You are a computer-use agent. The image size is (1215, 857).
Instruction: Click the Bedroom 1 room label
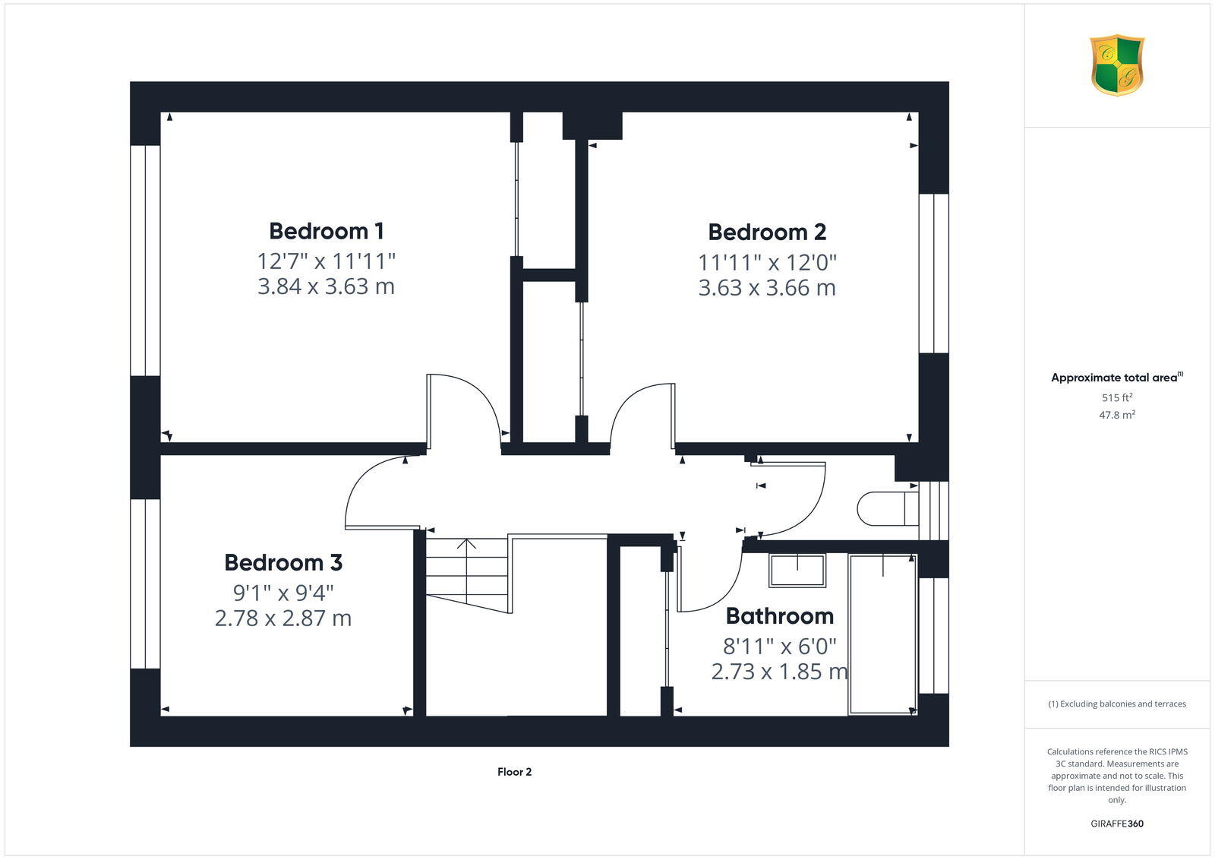click(x=326, y=230)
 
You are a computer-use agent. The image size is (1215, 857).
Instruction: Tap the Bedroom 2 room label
click(x=767, y=232)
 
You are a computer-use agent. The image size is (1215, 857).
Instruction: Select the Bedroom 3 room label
click(x=282, y=562)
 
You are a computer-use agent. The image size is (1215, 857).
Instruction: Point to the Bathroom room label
click(x=779, y=615)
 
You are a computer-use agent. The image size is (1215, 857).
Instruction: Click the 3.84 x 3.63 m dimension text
click(x=326, y=286)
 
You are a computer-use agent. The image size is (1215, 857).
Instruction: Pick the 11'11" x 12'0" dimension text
click(x=767, y=263)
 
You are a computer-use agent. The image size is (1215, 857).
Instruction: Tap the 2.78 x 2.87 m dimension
click(x=282, y=618)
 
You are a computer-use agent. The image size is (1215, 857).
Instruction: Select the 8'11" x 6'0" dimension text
click(x=779, y=646)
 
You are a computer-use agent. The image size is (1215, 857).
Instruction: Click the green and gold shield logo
click(x=1116, y=65)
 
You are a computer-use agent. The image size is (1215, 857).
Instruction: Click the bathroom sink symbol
click(x=797, y=570)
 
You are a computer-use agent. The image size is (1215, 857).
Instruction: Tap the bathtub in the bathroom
click(x=882, y=634)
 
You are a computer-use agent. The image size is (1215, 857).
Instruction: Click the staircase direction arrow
click(x=466, y=544)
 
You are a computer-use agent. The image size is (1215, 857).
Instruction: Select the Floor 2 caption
click(x=514, y=772)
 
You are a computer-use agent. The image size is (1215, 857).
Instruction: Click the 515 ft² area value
click(x=1117, y=397)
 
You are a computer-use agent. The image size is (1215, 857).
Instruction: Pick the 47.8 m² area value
click(x=1117, y=415)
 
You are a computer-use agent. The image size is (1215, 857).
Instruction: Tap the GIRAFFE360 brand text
click(x=1116, y=824)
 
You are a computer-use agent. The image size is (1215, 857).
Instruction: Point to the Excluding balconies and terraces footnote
click(x=1116, y=704)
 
